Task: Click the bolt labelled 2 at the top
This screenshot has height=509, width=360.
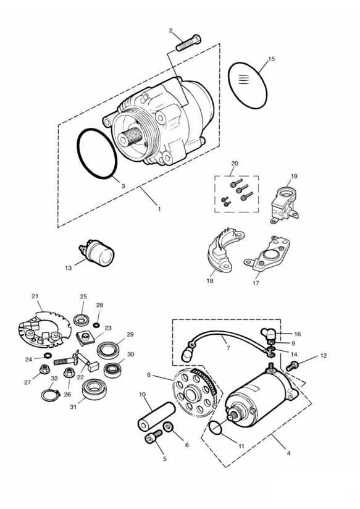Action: tap(188, 43)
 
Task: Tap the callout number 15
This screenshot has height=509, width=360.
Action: tap(271, 59)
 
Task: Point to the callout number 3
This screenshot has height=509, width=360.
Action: tap(123, 186)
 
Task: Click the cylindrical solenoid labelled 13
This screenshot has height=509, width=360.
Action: tap(98, 253)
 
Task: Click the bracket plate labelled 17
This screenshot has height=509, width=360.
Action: tap(267, 253)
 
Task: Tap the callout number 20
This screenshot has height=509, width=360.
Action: tap(235, 163)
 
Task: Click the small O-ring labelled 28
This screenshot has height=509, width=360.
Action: tap(96, 325)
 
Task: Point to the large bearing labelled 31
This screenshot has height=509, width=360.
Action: tap(93, 389)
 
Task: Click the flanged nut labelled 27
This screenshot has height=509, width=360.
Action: tap(44, 369)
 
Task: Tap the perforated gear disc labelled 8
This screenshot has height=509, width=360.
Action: tap(195, 392)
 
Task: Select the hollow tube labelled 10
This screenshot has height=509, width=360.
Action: tap(156, 416)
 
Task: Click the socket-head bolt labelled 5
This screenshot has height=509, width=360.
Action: tap(153, 437)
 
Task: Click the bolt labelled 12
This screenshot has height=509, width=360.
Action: tap(292, 366)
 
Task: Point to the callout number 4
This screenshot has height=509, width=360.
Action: tap(288, 453)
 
